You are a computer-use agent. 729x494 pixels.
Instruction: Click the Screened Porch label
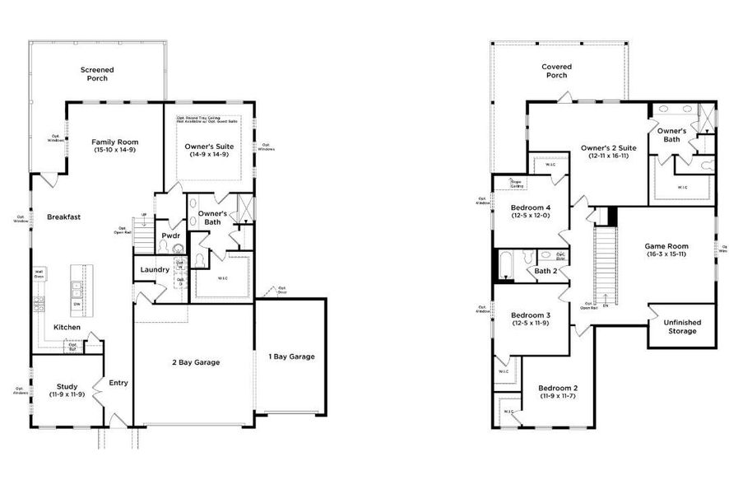click(97, 74)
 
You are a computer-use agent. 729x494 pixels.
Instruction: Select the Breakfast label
click(63, 217)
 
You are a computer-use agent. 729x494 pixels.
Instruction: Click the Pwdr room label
click(171, 235)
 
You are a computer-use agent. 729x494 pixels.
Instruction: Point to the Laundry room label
click(155, 269)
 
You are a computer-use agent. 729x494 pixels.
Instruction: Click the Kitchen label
click(67, 327)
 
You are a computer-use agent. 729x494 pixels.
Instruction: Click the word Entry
click(118, 382)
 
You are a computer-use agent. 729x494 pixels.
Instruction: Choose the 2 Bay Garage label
click(196, 362)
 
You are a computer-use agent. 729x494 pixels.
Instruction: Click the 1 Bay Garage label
click(291, 357)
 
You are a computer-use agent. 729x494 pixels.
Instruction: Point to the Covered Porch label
click(556, 71)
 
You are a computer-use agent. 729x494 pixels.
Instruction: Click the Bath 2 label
click(546, 271)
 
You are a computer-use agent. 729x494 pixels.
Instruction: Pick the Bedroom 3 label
click(530, 315)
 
